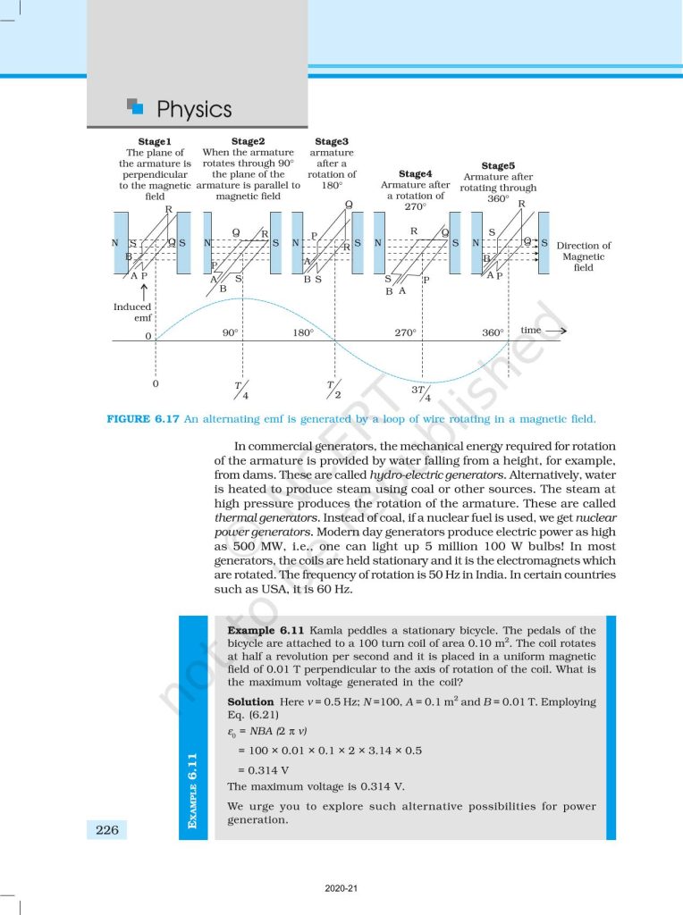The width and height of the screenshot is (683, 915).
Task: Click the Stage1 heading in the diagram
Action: (155, 141)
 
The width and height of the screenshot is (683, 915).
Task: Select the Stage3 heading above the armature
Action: (332, 141)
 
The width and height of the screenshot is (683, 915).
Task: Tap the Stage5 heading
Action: (498, 165)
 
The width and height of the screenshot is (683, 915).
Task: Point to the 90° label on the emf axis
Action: (230, 332)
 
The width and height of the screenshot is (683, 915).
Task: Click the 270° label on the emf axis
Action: (406, 332)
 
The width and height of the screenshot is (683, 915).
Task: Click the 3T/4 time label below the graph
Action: (420, 394)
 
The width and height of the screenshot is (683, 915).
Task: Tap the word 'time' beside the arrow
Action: (531, 331)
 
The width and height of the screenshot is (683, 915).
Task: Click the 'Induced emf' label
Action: (132, 312)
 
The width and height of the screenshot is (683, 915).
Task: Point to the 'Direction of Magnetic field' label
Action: (584, 256)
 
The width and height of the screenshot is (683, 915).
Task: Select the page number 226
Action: (106, 830)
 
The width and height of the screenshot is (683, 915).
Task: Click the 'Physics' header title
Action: (194, 110)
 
